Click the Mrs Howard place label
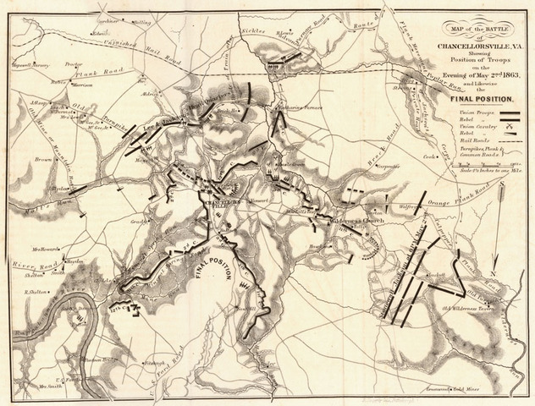click(48, 249)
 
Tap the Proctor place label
click(72, 63)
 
